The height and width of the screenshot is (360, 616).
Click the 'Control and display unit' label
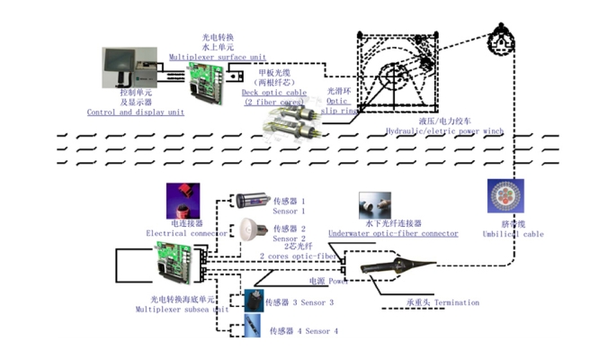[x=135, y=112]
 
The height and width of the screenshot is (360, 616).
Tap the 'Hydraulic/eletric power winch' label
[x=443, y=130]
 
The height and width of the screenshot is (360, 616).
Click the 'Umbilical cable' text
[x=510, y=234]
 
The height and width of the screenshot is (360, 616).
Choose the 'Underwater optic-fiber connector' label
[x=393, y=233]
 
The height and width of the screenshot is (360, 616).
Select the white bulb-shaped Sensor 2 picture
[x=249, y=230]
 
